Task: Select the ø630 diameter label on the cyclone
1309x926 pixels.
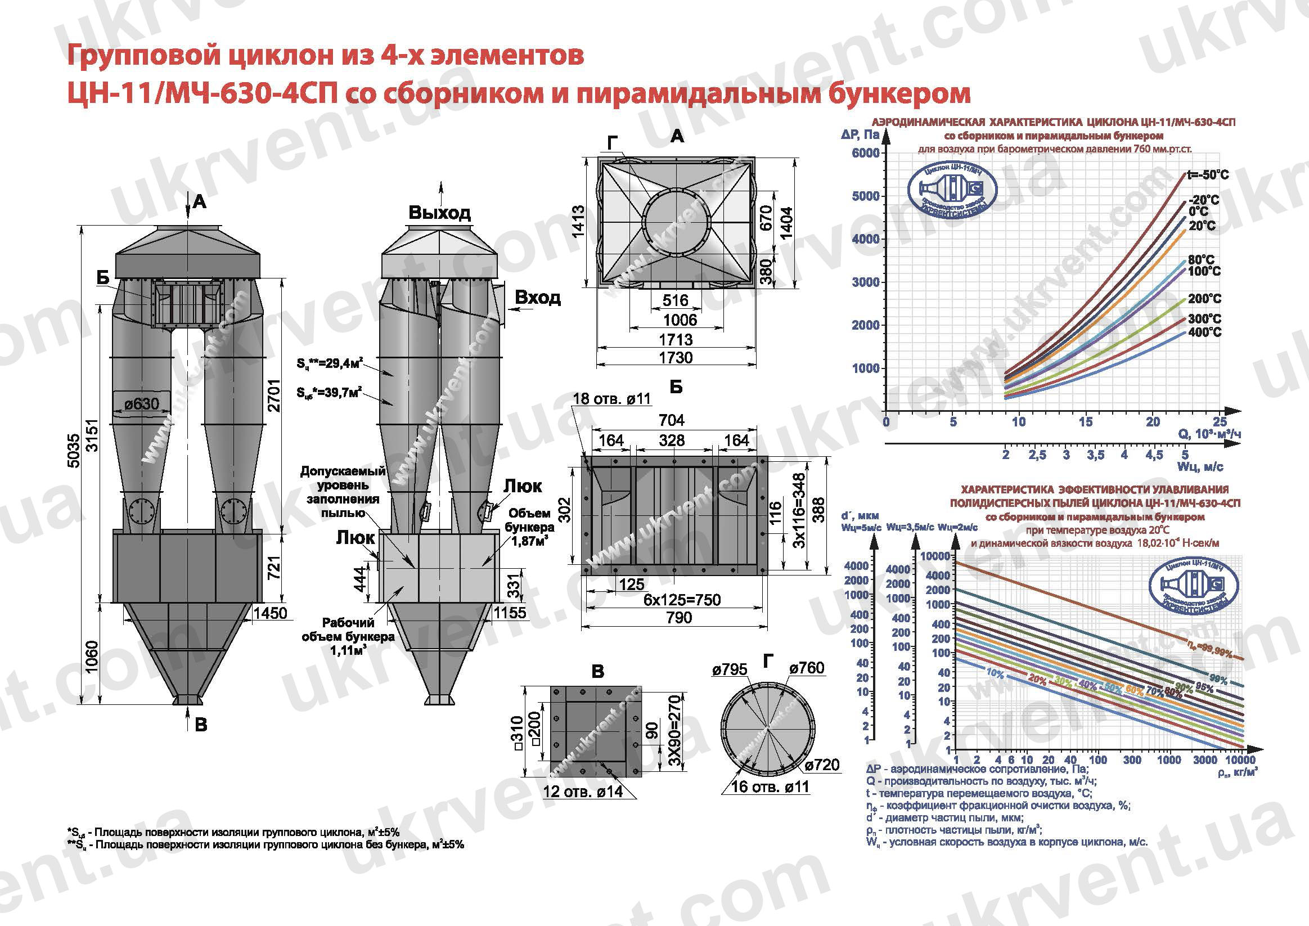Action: (142, 404)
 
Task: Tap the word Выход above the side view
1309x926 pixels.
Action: (439, 213)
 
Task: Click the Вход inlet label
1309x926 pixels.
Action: (537, 297)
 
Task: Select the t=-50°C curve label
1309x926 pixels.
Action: (1208, 175)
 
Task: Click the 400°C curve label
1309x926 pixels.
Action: (1205, 332)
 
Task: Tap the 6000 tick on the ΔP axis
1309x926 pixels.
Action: (865, 153)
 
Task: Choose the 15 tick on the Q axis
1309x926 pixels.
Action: (1086, 422)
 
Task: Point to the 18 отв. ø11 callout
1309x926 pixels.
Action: (611, 398)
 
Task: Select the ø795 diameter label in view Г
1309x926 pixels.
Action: (729, 669)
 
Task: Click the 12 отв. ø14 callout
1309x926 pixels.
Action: (583, 792)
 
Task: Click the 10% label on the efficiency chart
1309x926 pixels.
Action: (995, 673)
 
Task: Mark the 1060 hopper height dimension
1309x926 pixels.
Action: (91, 657)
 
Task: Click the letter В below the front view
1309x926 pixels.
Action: (201, 725)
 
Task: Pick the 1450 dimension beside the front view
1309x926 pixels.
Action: (271, 613)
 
